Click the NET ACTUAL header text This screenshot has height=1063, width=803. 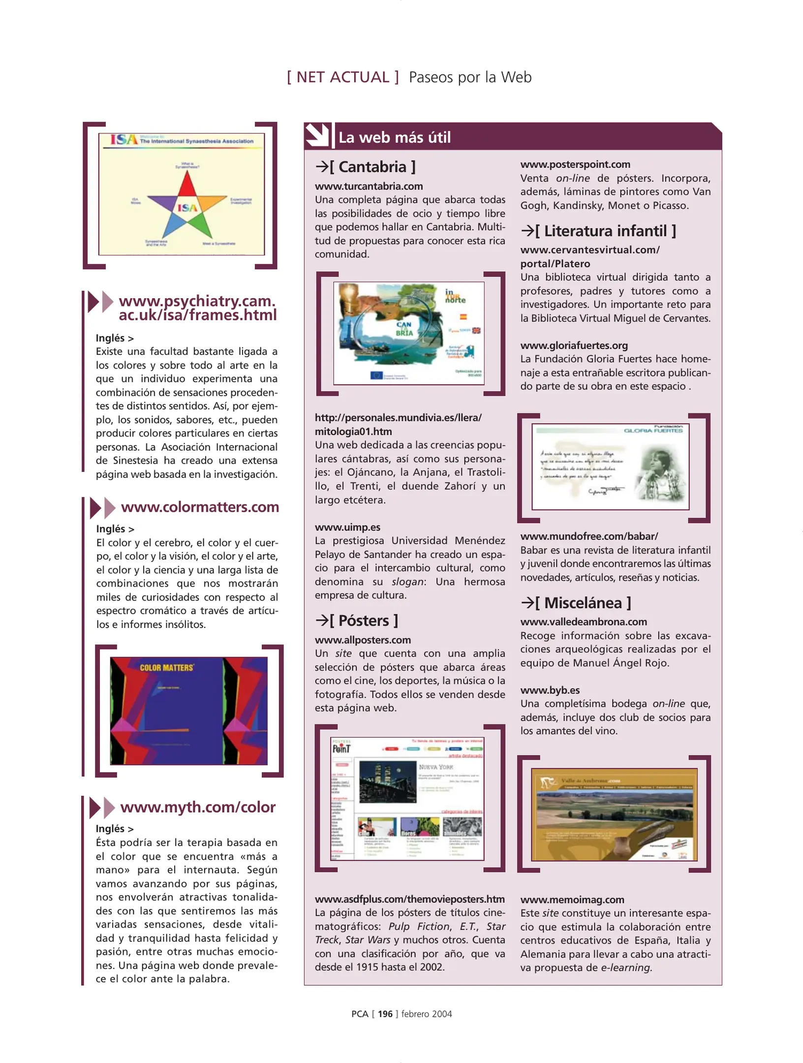[343, 77]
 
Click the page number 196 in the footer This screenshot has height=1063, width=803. [385, 1014]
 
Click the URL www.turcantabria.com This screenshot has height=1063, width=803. [369, 187]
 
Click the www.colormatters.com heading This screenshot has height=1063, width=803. [200, 507]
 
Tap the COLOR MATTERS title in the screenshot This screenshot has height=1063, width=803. [166, 668]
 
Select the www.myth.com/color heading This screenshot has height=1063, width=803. [197, 807]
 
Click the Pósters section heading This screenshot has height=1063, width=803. [357, 621]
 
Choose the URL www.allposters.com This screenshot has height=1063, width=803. [363, 640]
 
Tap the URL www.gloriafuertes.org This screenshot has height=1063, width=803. [574, 345]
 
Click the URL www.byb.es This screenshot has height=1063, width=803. [550, 690]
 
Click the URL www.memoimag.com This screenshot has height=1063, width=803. [572, 900]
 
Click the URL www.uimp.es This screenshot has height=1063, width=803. [347, 527]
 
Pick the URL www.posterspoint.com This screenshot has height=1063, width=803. [575, 164]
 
